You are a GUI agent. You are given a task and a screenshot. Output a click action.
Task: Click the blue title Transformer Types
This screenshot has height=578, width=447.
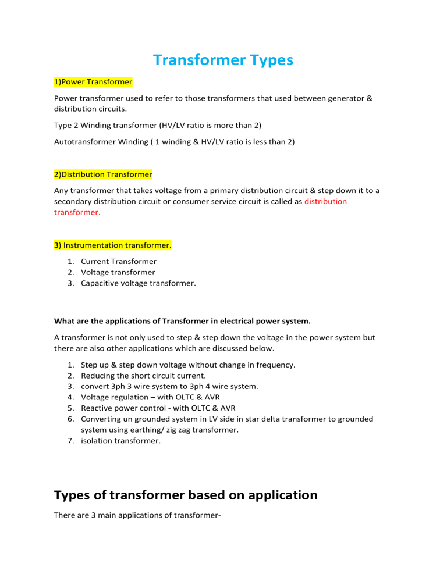(x=223, y=60)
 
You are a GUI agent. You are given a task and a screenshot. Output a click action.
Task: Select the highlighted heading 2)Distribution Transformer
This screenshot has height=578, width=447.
(x=103, y=174)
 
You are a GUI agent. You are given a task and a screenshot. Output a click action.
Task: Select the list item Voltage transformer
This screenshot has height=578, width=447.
(x=110, y=272)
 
